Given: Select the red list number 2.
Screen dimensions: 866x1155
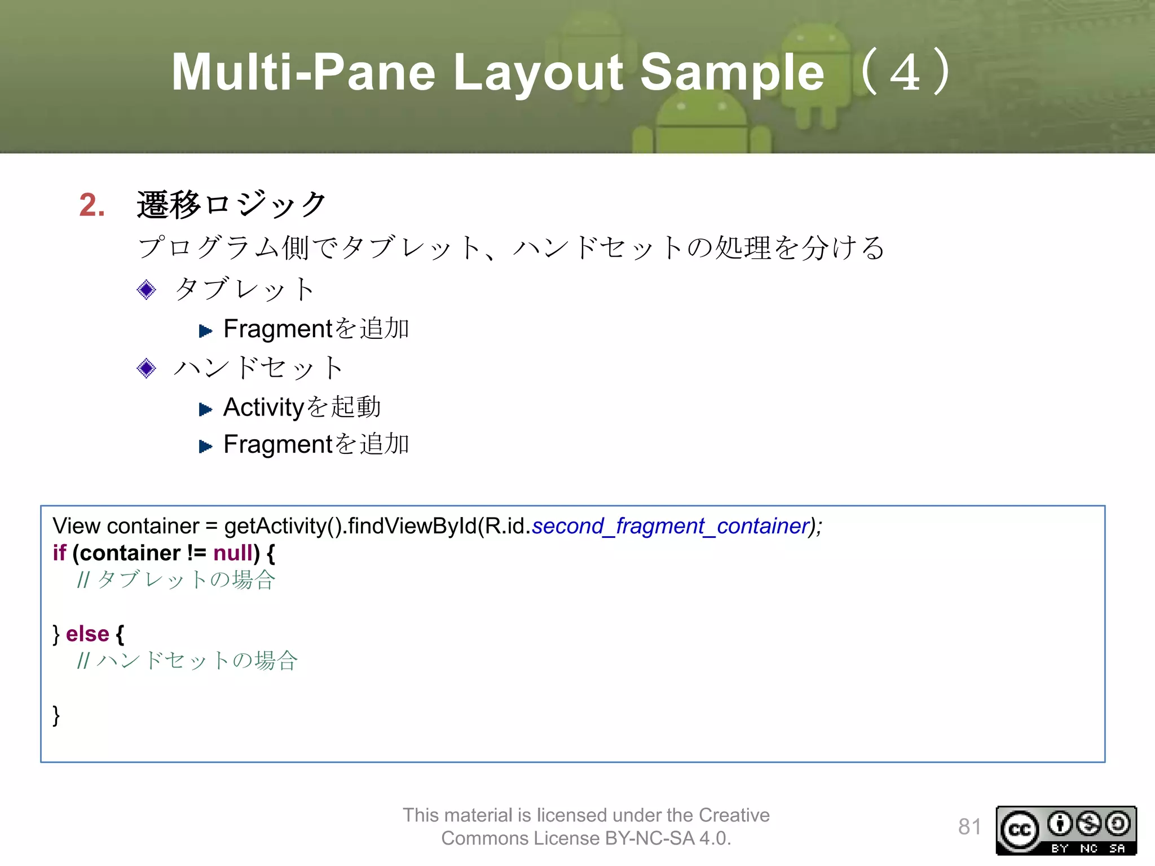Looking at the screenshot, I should (x=92, y=205).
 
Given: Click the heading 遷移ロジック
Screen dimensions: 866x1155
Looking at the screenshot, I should (x=231, y=204).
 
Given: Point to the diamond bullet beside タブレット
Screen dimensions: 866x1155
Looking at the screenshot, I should (x=147, y=290).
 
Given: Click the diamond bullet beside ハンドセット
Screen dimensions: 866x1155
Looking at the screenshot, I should (x=147, y=368).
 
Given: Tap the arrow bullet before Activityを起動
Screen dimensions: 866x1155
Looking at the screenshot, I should (x=205, y=409).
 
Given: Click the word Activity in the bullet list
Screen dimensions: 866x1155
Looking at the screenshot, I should (x=264, y=407).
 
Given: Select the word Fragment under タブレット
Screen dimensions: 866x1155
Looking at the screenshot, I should (x=279, y=329).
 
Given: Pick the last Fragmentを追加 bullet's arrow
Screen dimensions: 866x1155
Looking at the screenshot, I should (x=205, y=447).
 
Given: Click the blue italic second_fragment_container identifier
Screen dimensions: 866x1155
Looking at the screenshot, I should (x=671, y=526).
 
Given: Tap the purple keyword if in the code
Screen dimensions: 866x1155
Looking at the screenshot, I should (x=59, y=553).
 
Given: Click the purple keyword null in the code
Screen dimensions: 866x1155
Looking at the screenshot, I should (x=233, y=553).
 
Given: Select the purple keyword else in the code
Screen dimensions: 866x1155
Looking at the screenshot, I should (x=87, y=634).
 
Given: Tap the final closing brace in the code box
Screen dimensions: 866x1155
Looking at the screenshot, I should (x=56, y=715).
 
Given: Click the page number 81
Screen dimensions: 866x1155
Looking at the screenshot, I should (x=969, y=827).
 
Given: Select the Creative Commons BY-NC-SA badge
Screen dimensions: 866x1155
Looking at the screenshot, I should (x=1066, y=830).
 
